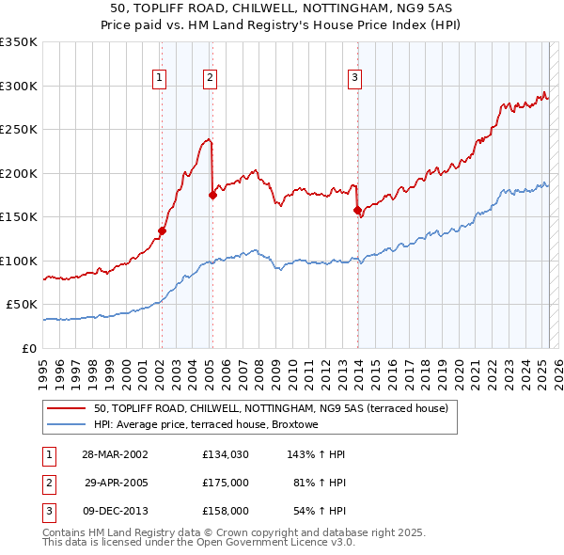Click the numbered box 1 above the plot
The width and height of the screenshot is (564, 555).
tap(161, 78)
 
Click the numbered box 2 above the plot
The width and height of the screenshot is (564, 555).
tap(211, 78)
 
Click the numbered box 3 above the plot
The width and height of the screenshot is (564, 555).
tap(355, 78)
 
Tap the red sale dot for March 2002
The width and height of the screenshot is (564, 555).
tap(162, 230)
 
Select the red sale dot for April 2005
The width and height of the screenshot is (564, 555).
tap(211, 195)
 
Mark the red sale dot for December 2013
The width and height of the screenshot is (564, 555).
tap(357, 210)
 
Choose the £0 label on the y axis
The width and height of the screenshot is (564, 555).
tap(28, 348)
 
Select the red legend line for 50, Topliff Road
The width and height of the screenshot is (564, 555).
tap(67, 408)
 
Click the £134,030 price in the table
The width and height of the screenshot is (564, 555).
tap(225, 454)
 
